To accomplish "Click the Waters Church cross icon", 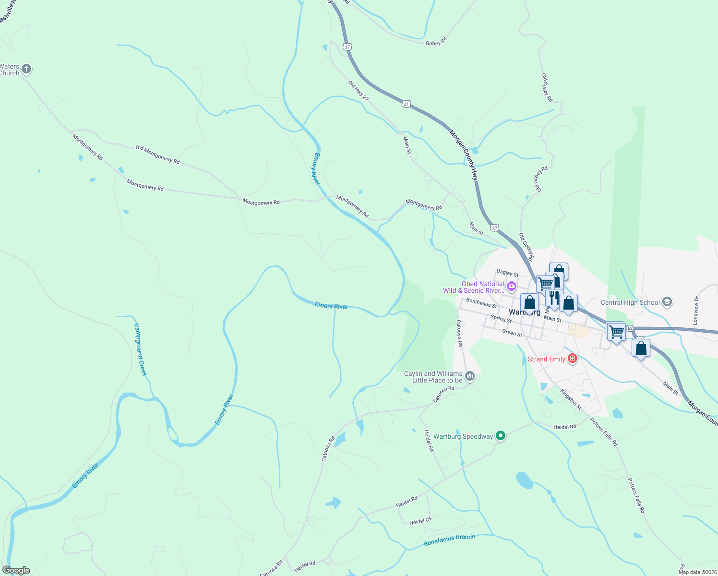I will (26, 69).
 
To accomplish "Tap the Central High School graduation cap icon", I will (667, 302).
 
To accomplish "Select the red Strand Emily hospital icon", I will (572, 358).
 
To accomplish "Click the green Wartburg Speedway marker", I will (501, 436).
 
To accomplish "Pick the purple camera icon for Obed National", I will (511, 287).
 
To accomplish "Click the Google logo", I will (16, 570).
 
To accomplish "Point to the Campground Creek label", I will (140, 349).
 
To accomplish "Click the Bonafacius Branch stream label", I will (449, 540).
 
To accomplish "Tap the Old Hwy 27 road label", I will (359, 90).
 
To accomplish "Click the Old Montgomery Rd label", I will (157, 155).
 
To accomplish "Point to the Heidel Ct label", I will (420, 520).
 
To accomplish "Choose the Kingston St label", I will (571, 399).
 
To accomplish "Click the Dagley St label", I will (507, 273).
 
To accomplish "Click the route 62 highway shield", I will (630, 328).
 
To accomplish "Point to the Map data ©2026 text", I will (697, 572).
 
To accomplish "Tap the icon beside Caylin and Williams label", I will (470, 376).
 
